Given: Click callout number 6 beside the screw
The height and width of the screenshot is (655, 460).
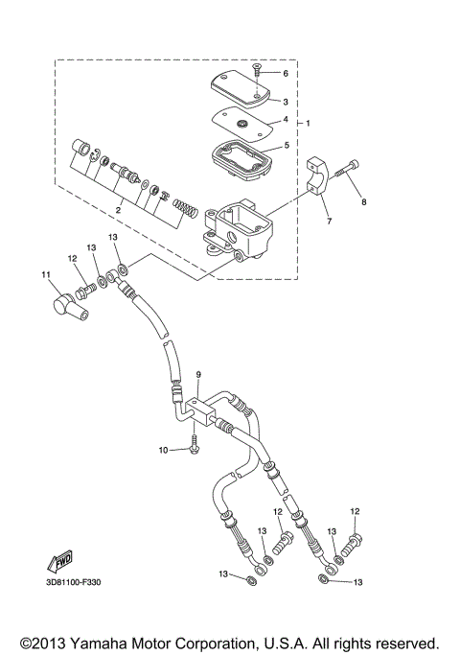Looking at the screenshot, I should [286, 73].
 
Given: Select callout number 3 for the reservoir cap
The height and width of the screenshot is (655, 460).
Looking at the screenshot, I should [286, 99].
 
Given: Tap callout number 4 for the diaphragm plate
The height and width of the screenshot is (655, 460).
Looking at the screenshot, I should [286, 120].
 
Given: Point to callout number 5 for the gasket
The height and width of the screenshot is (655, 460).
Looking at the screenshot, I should [286, 146].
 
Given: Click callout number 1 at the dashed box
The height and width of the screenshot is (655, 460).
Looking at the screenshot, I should [307, 123].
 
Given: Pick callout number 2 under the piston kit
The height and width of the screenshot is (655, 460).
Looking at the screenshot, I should [118, 206].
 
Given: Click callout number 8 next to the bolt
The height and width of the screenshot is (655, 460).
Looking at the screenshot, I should [363, 202].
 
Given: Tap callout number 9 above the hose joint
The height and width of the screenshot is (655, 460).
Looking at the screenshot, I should [199, 374].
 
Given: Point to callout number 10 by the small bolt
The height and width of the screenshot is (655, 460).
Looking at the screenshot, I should [164, 449].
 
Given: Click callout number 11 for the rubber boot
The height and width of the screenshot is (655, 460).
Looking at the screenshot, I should [44, 276].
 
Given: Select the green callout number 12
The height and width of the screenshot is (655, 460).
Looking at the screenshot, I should [70, 259].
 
